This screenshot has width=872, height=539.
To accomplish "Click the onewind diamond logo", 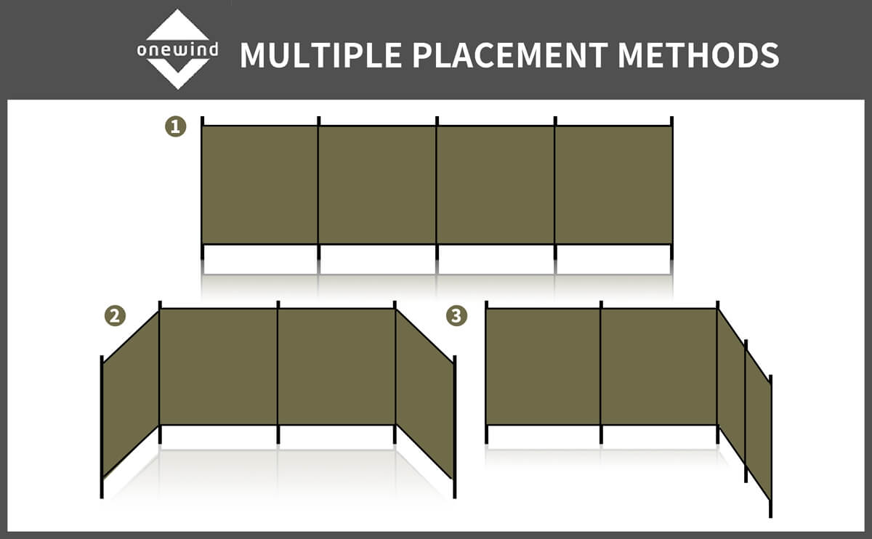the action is coord(177,49).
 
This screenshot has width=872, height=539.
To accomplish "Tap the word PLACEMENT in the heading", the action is coord(510,55).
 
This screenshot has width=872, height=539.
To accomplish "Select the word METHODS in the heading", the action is coord(698,55).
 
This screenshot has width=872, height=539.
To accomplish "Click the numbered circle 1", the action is coord(176,126).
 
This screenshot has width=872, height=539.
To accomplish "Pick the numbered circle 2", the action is coord(116,315).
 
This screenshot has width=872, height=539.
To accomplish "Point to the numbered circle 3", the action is coord(456,315).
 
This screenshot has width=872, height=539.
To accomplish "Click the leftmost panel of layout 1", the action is coord(260,185).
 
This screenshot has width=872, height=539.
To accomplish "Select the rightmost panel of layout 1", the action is coord(613,185).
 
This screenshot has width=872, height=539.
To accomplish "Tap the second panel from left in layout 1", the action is coord(377,185).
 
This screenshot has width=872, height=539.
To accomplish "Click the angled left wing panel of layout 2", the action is coord(131,394).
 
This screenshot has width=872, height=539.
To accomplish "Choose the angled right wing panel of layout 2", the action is coord(424,394).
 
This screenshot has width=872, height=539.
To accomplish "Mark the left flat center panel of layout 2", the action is coord(219,367).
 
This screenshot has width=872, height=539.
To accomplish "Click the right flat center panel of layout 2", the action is coord(336,367).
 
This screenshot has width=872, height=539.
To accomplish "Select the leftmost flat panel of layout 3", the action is coord(544,367).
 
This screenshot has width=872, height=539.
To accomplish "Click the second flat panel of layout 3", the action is coord(659,367).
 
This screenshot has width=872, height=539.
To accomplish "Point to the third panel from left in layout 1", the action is coord(496,185).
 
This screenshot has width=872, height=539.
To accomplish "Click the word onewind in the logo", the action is coord(177,50).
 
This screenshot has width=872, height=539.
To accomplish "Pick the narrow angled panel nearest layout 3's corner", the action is coord(732,386).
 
